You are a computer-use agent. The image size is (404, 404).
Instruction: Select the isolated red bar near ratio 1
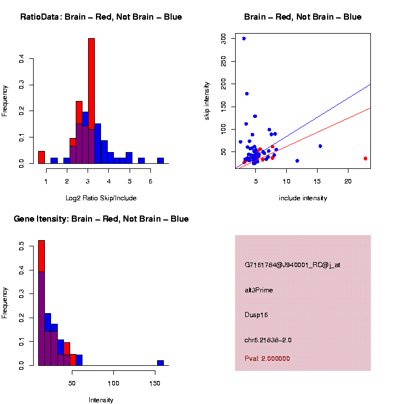(42, 157)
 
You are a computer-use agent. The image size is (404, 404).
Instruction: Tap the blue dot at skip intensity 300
(244, 38)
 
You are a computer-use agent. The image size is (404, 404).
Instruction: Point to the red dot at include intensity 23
(365, 158)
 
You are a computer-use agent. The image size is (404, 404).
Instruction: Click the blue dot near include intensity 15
(320, 146)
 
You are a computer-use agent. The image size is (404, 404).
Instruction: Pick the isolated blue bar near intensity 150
(160, 362)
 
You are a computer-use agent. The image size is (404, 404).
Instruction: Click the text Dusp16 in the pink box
(256, 315)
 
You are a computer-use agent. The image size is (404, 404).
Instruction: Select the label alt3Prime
(259, 290)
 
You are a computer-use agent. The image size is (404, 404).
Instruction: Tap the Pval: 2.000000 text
(267, 359)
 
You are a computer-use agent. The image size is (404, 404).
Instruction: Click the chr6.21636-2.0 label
(268, 340)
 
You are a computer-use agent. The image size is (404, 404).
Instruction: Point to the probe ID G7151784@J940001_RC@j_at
(292, 265)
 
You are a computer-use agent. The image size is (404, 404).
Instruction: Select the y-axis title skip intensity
(207, 100)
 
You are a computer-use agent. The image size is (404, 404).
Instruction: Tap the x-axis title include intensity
(303, 198)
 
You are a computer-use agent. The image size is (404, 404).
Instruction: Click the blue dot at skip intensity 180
(247, 94)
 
